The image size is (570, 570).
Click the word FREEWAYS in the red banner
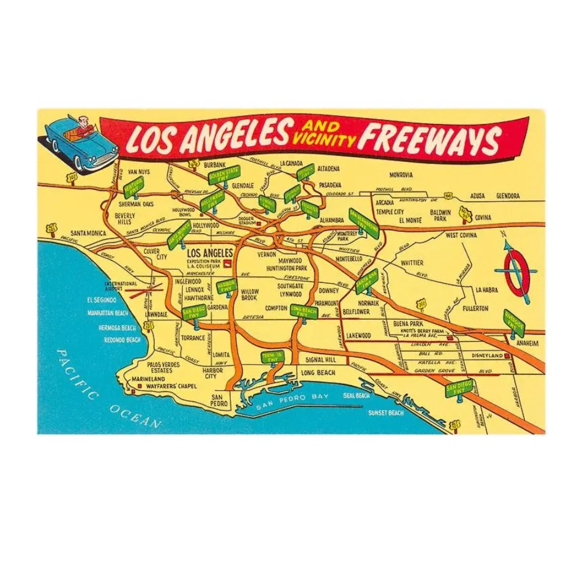tap(431, 139)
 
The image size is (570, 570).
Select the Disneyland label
tap(484, 356)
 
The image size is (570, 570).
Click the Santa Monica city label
tap(88, 233)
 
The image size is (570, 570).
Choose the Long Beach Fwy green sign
tap(304, 310)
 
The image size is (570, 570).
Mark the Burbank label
tap(215, 164)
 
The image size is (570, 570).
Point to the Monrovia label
tap(401, 175)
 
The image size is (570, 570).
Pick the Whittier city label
tap(412, 262)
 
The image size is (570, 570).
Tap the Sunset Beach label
tap(386, 412)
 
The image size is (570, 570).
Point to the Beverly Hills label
tap(125, 218)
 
